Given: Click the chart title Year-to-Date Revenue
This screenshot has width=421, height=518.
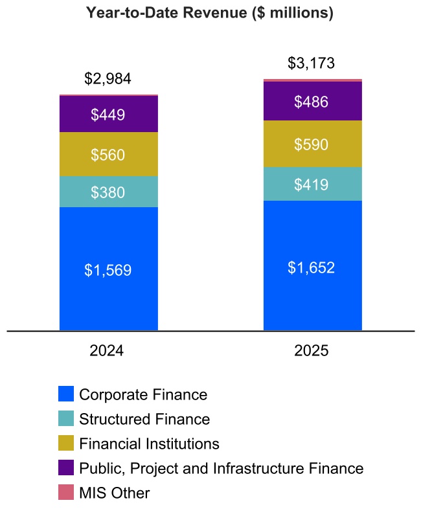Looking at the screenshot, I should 210,13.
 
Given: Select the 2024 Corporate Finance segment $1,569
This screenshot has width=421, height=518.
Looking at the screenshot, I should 108,269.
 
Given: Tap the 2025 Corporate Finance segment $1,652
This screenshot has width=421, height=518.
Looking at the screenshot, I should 312,266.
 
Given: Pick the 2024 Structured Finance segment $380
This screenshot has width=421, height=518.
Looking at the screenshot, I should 108,192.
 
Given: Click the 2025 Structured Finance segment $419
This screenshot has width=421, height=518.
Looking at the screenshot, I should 312,185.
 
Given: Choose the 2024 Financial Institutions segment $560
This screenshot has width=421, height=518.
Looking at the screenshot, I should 108,154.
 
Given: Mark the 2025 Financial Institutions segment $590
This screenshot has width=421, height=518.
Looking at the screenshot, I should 312,144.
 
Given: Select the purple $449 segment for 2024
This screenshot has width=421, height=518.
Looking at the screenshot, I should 108,114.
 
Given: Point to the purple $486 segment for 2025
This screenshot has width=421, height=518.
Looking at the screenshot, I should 312,101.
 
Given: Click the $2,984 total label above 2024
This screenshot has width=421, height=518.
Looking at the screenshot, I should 108,79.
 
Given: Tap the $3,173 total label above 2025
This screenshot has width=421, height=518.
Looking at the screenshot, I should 312,63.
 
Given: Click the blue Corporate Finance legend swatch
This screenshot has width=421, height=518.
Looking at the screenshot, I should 66,394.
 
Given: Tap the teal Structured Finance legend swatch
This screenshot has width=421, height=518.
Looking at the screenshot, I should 66,419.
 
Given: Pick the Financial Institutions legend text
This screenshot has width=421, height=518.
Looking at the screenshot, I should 149,444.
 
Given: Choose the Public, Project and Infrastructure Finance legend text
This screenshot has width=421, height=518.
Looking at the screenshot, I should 221,468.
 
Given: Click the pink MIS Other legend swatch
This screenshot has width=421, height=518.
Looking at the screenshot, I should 66,493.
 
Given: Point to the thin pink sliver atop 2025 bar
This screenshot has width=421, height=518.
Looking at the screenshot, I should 312,80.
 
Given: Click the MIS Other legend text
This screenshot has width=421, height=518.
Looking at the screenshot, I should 114,493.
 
